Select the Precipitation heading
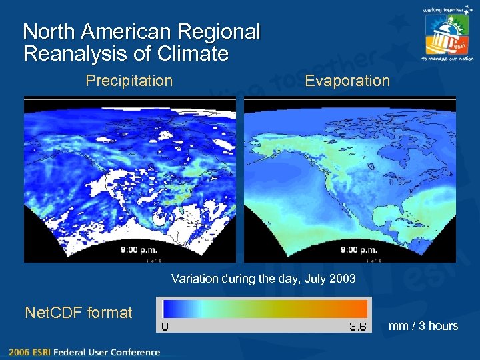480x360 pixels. (129, 81)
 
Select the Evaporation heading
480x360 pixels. (347, 81)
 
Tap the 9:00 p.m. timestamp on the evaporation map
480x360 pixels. (359, 250)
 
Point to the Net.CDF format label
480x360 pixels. (78, 312)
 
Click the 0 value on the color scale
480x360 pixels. (165, 327)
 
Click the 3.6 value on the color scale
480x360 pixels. (357, 327)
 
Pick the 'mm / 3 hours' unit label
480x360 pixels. (424, 326)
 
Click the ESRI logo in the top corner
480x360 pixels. (446, 35)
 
